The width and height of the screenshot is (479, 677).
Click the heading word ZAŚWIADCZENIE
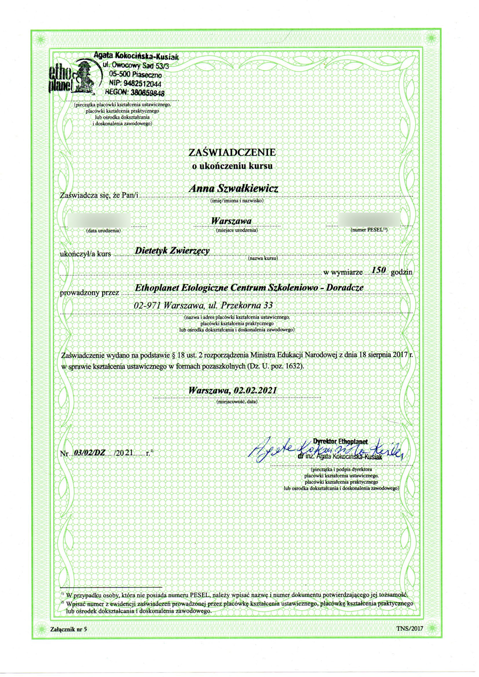tap(232, 152)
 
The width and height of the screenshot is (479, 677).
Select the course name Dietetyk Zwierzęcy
tap(172, 251)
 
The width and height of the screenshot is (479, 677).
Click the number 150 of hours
tap(377, 269)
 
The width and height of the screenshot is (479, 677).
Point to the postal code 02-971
tap(147, 305)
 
